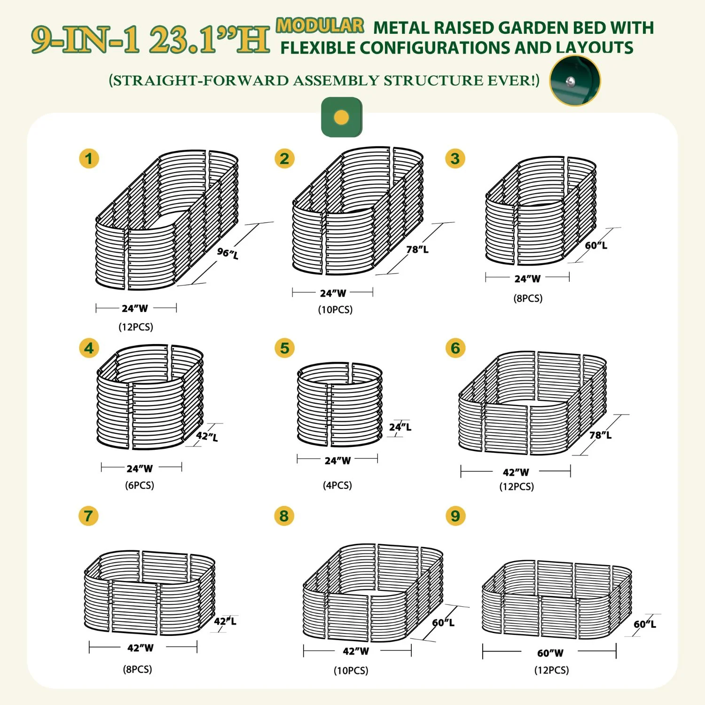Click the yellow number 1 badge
pos(89,158)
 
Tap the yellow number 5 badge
pos(284,348)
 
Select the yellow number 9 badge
pos(455,516)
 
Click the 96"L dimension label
pos(227,253)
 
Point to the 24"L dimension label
pos(400,427)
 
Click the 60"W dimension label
pos(550,653)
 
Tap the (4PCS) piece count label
pos(337,485)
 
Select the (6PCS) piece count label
pos(139,485)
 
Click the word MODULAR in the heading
pos(320,25)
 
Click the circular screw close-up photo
pos(575,80)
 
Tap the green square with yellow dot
pos(342,117)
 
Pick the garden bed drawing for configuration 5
pos(340,404)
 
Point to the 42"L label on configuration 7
pos(225,621)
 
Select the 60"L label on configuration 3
pos(596,245)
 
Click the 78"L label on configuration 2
pos(417,249)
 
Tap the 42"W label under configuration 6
pos(516,472)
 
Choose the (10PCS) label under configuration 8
pos(351,670)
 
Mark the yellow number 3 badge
pos(455,158)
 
